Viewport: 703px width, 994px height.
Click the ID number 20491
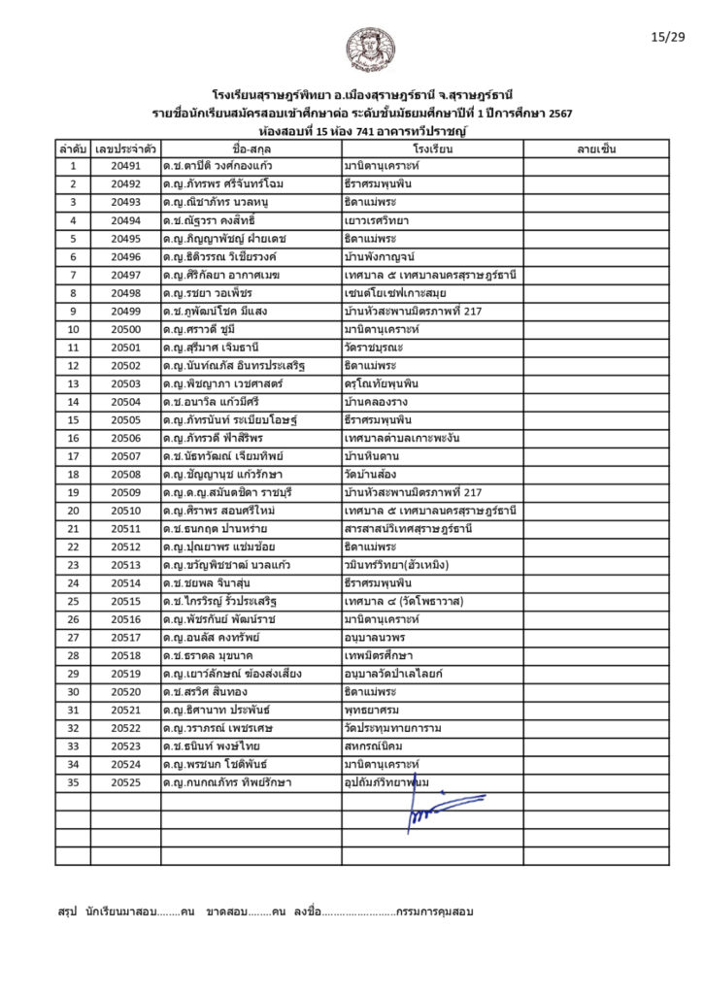coord(125,166)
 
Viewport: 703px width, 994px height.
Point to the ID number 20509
coord(125,493)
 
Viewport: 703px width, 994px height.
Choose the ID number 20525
coord(125,781)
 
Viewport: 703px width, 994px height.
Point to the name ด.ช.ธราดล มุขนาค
coord(207,656)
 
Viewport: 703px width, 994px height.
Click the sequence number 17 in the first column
coord(73,456)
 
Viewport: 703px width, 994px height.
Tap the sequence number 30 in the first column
coord(73,692)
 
